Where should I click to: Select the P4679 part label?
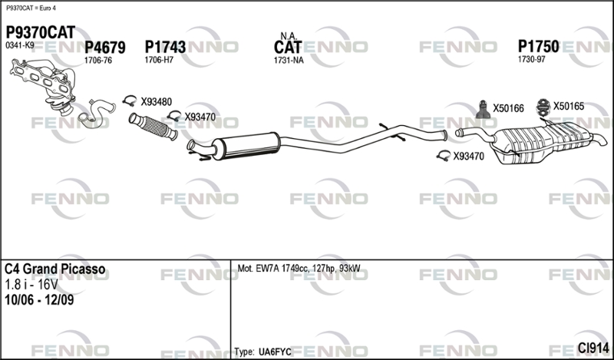pos(105,48)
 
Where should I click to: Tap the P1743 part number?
pos(165,48)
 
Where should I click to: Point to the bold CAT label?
pos(289,48)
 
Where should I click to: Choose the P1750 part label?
pos(538,46)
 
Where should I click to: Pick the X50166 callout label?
pos(507,108)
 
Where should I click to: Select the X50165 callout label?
pos(569,107)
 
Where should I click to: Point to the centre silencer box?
pos(246,145)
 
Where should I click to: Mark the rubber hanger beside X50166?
pos(482,110)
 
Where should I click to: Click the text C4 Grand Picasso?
pos(54,269)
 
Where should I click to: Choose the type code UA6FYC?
pos(276,351)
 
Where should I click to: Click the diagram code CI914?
pos(593,348)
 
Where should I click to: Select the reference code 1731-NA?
pos(289,61)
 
